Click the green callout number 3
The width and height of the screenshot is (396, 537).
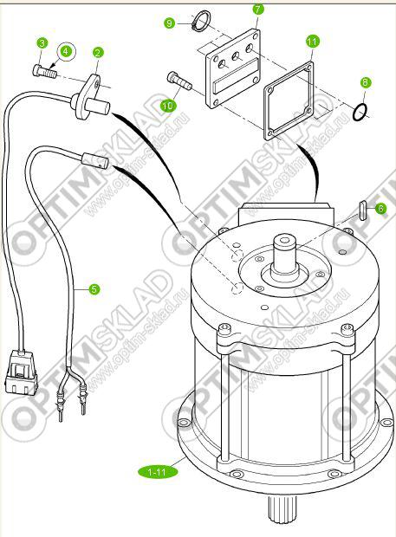click(x=42, y=43)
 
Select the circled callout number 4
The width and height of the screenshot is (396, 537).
click(x=66, y=52)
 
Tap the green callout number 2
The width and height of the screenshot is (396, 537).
click(x=98, y=52)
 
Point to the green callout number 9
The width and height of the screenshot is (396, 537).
click(x=170, y=23)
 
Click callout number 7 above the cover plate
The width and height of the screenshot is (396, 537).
click(x=258, y=9)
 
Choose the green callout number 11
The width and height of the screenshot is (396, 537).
click(x=312, y=42)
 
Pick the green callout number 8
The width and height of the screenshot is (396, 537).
click(x=365, y=82)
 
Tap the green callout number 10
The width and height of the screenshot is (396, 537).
click(x=168, y=106)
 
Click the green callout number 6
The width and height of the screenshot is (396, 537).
click(x=380, y=209)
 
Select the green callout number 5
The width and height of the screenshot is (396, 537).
click(x=94, y=289)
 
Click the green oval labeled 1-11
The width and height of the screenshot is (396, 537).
click(x=158, y=472)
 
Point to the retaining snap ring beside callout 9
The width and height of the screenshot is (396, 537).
click(x=201, y=22)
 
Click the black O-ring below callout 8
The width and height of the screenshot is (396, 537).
click(x=360, y=112)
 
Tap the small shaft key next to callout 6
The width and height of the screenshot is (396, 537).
click(x=363, y=210)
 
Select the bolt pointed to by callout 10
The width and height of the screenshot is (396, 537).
click(x=179, y=81)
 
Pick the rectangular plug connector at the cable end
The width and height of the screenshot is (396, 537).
click(x=21, y=373)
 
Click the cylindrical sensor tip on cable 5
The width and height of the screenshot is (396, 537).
click(x=94, y=161)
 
